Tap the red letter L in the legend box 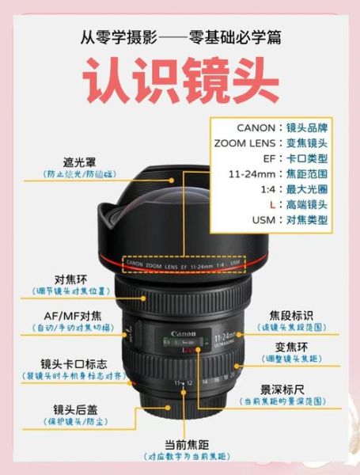(250, 204)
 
